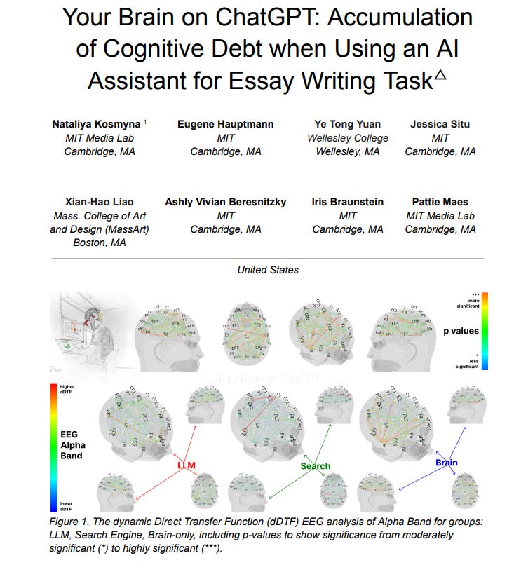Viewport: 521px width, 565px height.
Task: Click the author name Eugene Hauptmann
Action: (x=226, y=124)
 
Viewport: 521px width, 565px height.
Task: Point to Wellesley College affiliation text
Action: (x=348, y=138)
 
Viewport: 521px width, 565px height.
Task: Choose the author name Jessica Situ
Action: (x=440, y=124)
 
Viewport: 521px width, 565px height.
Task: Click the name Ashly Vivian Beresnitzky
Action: (x=226, y=202)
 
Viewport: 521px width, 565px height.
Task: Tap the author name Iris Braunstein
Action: (x=348, y=202)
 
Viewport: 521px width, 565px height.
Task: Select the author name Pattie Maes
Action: (x=440, y=202)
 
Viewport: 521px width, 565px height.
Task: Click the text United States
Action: (x=267, y=270)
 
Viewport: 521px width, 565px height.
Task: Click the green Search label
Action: (x=315, y=465)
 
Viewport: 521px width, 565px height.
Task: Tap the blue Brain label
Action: (x=446, y=463)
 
